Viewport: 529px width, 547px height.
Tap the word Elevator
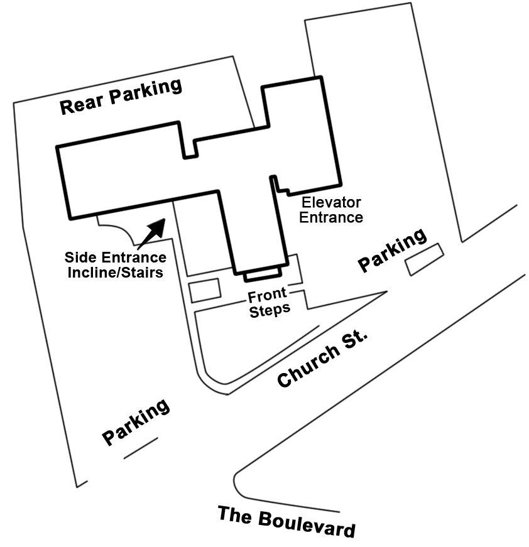tap(331, 203)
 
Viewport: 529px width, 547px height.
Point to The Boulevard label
tap(286, 521)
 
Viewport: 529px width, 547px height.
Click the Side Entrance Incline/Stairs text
tap(116, 265)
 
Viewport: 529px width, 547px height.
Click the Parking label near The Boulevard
tap(136, 422)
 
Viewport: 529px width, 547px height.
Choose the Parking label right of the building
tap(392, 250)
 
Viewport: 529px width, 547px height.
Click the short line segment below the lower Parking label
tap(140, 448)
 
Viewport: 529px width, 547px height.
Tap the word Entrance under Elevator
tap(331, 217)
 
